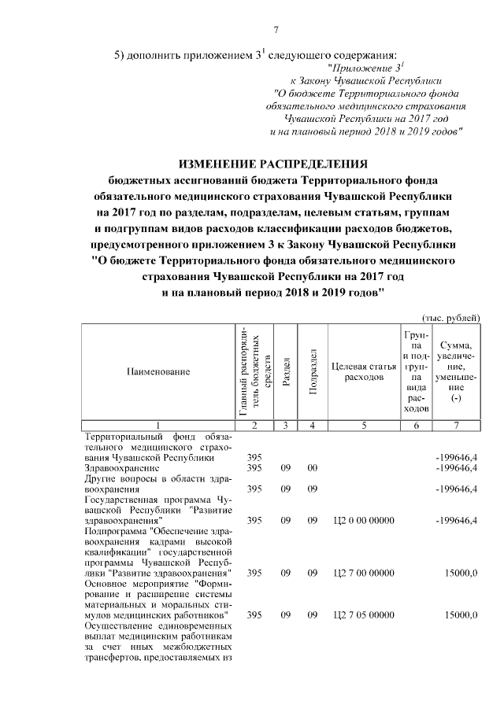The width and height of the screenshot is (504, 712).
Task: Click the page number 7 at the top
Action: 276,31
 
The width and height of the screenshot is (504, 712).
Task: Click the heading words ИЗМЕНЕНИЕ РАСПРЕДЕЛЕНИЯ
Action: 273,164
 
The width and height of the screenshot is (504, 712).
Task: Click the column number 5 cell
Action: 363,425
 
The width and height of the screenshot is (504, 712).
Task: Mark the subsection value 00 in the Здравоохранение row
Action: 312,468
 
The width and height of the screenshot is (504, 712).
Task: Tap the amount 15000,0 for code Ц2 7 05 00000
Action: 461,614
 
